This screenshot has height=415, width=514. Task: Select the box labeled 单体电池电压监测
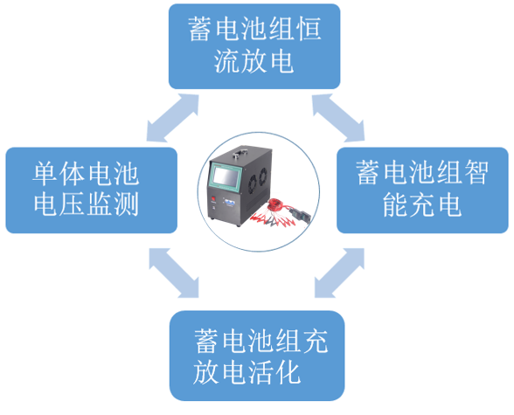click(x=91, y=190)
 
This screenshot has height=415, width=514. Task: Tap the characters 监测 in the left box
click(x=120, y=207)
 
